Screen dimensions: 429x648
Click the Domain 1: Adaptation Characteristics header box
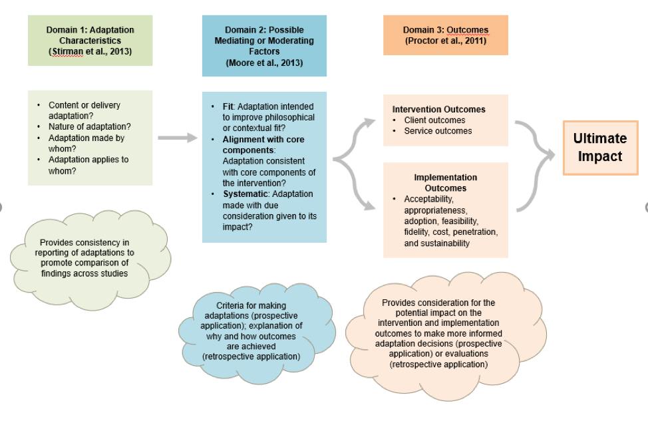coord(90,41)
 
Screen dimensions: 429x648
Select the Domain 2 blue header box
coord(264,46)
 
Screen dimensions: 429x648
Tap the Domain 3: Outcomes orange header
coord(445,35)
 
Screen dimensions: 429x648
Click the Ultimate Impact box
coord(600,148)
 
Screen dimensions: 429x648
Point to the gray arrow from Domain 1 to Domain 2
coord(178,138)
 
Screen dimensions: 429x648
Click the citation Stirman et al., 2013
coord(90,51)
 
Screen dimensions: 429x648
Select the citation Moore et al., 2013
coord(264,63)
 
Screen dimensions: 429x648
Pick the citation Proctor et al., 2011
coord(445,41)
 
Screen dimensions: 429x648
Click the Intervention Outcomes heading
coord(438,109)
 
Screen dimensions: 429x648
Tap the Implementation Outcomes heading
coord(445,183)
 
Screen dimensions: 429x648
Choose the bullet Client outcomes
coord(434,120)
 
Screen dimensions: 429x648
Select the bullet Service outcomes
coord(438,131)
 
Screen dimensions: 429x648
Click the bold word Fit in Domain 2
coord(228,106)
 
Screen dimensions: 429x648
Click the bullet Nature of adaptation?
coord(89,126)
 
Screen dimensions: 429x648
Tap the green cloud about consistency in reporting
coord(90,257)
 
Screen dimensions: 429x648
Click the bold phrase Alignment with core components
coord(263,145)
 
